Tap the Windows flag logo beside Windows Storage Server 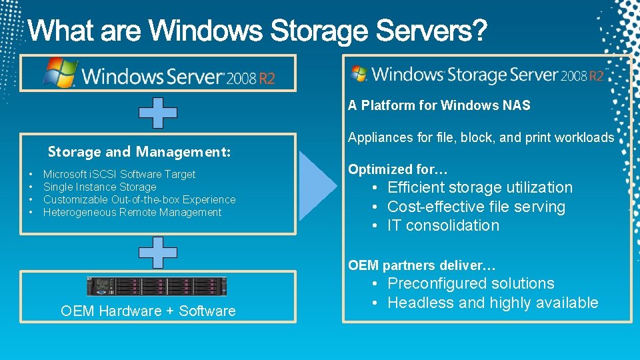coord(359,73)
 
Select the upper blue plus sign coord(158,113)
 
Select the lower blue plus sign coord(158,252)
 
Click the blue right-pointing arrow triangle coord(318,185)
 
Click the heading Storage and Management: coord(139,152)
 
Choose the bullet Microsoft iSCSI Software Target coord(119,175)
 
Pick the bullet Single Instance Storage coord(99,187)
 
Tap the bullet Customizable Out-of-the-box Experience coord(139,199)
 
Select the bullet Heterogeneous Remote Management coord(132,213)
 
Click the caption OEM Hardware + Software coord(148,311)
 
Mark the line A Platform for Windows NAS coord(439,105)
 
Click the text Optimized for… coord(397,169)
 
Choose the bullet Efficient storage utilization coord(479,188)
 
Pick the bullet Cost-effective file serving coord(476,207)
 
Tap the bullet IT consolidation coord(443,226)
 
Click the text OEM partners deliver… coord(421,265)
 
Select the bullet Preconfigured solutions coord(471,284)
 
